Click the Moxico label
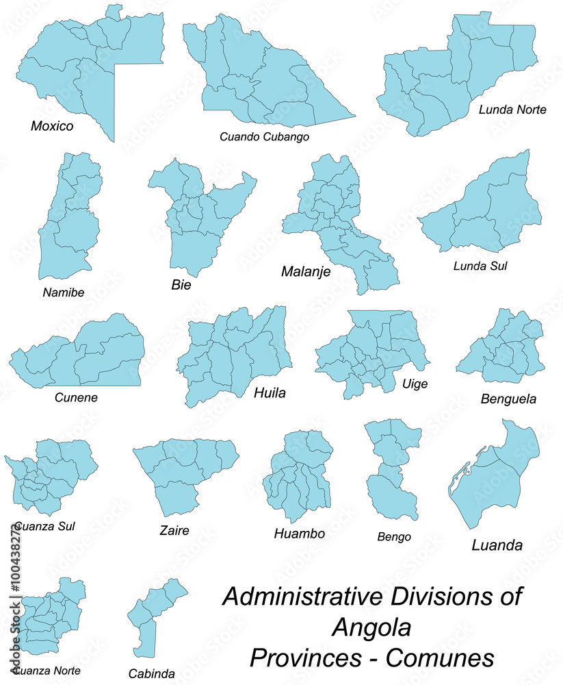pos(52,126)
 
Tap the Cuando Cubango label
pos(264,137)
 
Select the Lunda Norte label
pos(512,109)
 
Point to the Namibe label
pos(63,292)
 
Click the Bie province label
pos(181,284)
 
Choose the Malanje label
pos(306,272)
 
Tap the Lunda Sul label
pos(480,265)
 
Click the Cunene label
pos(75,397)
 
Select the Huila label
pos(270,393)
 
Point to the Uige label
pos(415,384)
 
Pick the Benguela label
pos(508,398)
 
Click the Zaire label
pos(174,530)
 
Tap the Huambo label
pos(299,533)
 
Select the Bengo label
pos(394,536)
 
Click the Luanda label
pos(497,545)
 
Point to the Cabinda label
pos(151,673)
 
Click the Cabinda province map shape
pos(153,616)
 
